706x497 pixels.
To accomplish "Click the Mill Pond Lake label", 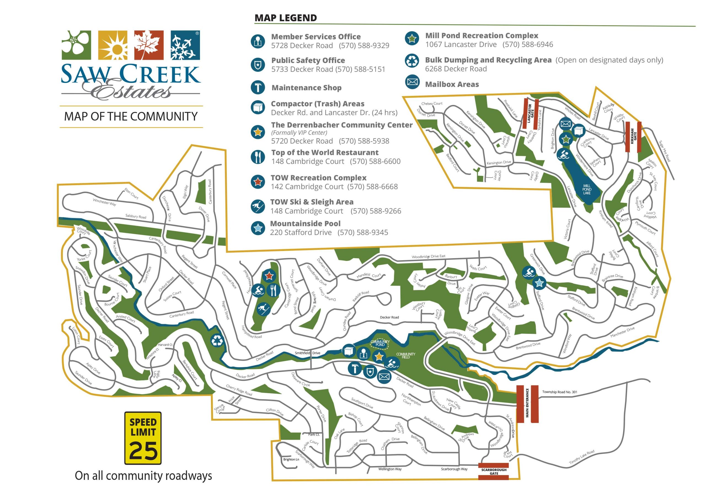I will click(x=586, y=189).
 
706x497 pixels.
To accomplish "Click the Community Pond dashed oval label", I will click(x=380, y=343).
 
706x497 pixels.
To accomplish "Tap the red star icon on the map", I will click(x=269, y=276).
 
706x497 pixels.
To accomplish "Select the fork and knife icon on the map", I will click(x=273, y=289).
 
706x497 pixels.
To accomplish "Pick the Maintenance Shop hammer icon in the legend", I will click(x=258, y=88).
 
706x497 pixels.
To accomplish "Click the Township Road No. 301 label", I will click(x=560, y=392).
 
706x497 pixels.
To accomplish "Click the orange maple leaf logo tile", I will click(x=149, y=45).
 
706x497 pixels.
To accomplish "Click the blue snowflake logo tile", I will click(x=185, y=45).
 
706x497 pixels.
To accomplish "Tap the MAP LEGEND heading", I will click(x=285, y=18).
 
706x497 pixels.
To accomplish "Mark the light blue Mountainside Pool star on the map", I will click(x=539, y=282).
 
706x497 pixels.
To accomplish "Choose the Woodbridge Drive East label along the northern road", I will click(x=428, y=257).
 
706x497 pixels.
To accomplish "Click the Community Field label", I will click(x=406, y=355).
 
